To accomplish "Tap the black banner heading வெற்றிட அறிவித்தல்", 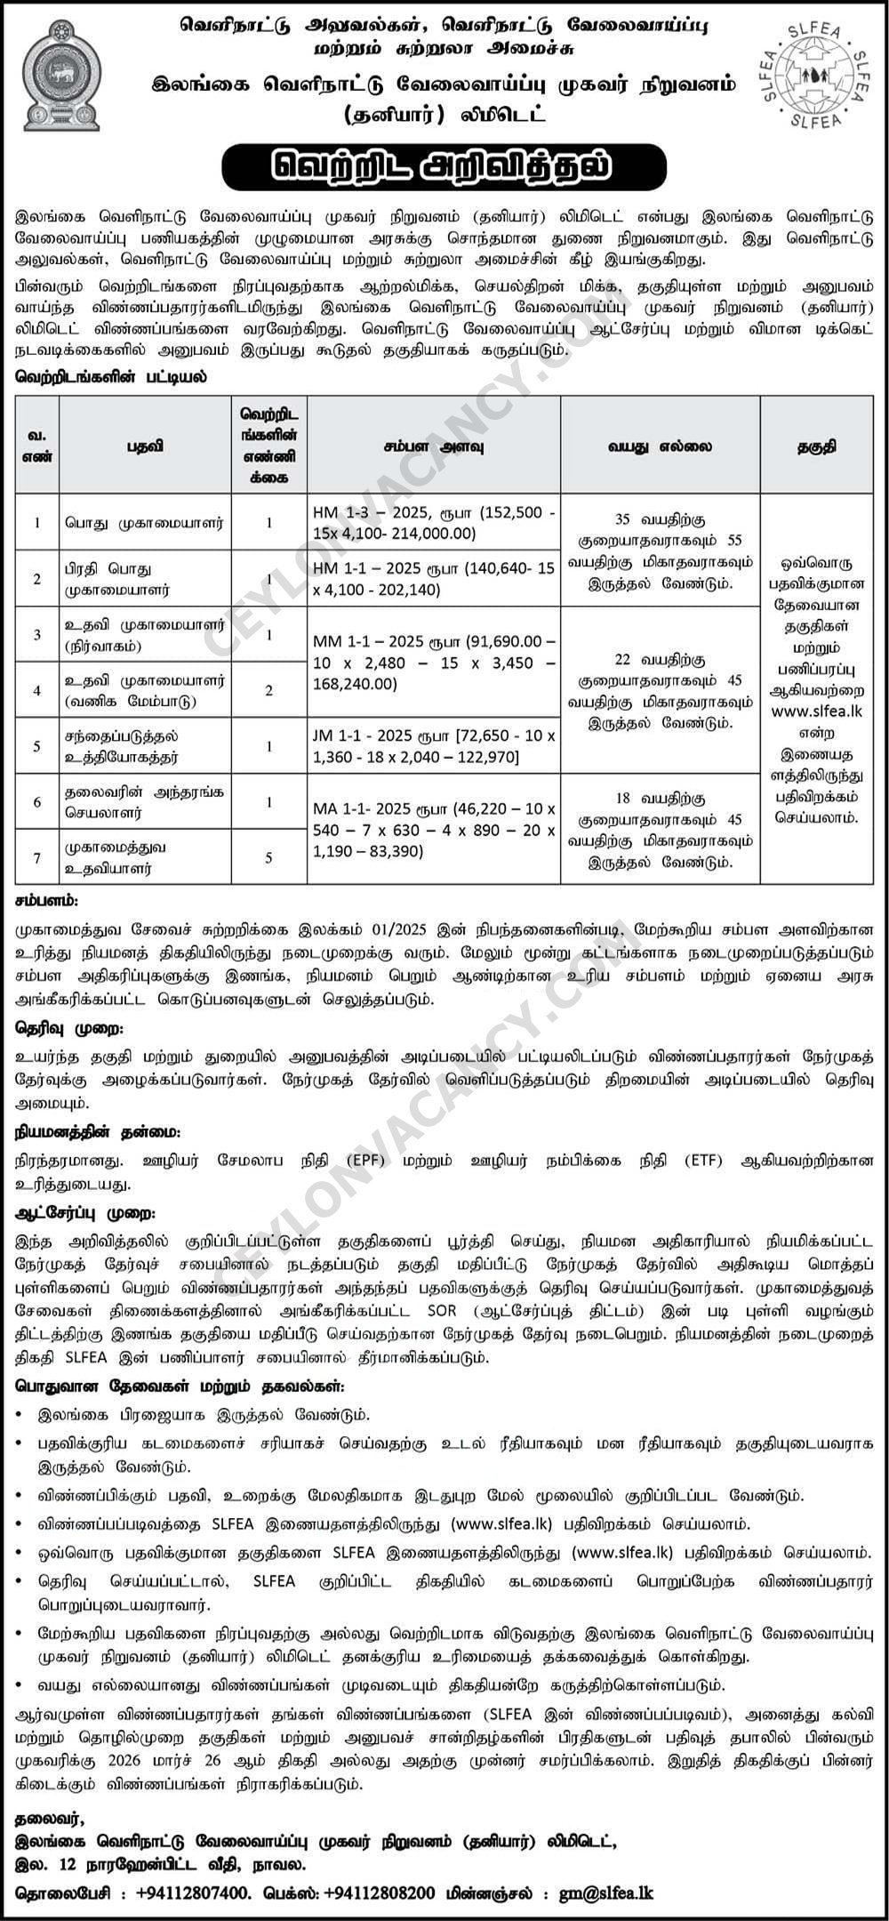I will coord(444,166).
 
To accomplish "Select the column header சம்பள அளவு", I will coord(434,446).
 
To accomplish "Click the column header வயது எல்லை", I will coord(660,446).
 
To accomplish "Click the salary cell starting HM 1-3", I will coord(434,523).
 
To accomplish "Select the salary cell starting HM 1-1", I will coord(434,578).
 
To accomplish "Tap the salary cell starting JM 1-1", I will coord(434,746).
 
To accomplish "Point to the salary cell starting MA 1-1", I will coord(434,829).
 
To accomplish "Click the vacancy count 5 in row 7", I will coord(269,857).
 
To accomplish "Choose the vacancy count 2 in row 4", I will coord(269,690).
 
